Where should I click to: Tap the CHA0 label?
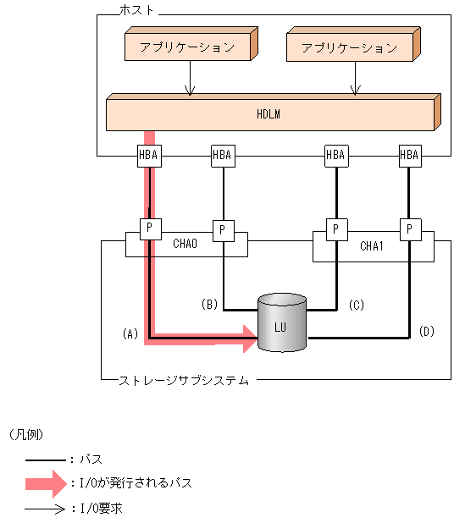185,245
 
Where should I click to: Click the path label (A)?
130,333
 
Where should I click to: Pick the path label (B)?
209,304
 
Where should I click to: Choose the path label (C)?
356,304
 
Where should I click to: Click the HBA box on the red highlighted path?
149,155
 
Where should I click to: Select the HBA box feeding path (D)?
409,155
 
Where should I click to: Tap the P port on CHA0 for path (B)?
222,229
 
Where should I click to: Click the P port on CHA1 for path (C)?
335,229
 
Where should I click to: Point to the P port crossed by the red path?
149,229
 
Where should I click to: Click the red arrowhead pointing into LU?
248,339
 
